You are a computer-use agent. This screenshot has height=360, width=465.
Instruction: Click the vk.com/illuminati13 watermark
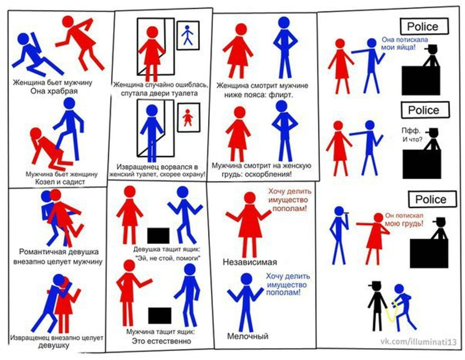pos(419,342)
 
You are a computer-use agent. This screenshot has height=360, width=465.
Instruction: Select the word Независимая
pos(250,262)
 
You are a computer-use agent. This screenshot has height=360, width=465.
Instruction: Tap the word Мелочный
pos(248,336)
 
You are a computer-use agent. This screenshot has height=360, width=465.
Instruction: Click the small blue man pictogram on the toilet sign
pos(187,35)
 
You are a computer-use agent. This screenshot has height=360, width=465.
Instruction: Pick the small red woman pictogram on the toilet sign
pos(187,117)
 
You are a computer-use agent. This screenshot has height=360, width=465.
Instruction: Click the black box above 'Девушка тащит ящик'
pos(158,236)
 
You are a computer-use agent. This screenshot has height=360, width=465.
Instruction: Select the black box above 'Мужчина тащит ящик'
pos(159,316)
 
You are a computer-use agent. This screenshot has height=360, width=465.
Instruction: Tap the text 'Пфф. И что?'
pos(412,135)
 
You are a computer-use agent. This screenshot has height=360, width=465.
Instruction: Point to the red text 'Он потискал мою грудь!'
pos(404,220)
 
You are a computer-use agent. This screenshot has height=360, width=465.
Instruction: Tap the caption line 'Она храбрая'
pos(54,91)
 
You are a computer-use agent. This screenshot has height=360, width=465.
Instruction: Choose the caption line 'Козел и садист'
pos(60,182)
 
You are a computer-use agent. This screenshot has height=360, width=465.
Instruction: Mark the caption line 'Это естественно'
pos(162,341)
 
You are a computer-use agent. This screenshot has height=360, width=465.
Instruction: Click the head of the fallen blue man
pos(23,39)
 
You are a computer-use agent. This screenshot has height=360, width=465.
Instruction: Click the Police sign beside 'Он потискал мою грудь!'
pos(432,199)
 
